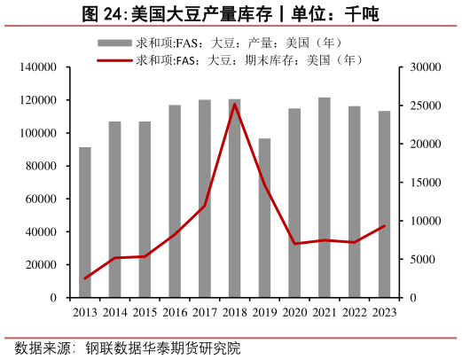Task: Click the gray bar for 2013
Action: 85,223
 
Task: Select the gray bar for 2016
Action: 175,201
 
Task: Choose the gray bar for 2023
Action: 384,204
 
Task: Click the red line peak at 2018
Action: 234,104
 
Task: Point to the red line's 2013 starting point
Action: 85,278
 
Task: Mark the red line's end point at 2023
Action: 384,225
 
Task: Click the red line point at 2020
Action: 294,244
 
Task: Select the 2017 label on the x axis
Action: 205,312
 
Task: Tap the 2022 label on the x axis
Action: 354,312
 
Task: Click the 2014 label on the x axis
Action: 115,312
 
